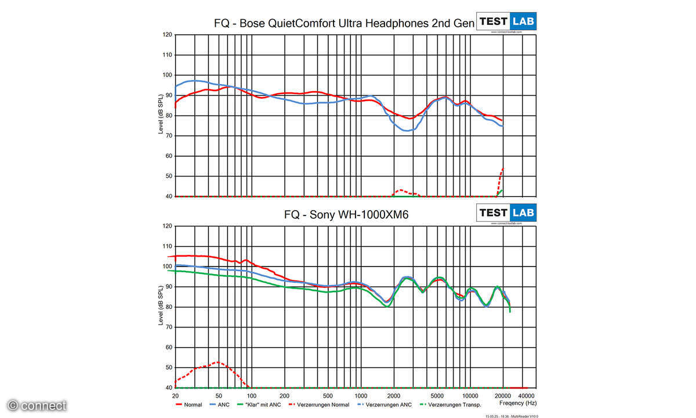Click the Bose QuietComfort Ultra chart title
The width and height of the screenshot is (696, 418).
click(x=345, y=23)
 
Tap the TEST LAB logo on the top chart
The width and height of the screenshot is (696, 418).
click(x=506, y=21)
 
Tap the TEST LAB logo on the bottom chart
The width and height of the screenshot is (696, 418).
click(x=506, y=212)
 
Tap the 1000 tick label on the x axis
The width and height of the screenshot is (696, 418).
click(x=360, y=395)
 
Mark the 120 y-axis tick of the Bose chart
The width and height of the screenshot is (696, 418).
click(x=167, y=35)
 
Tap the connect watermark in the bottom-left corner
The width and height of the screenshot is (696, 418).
click(x=37, y=405)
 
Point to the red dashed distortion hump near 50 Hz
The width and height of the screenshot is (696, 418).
click(x=217, y=363)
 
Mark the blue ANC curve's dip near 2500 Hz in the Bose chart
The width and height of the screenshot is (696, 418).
click(x=407, y=131)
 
